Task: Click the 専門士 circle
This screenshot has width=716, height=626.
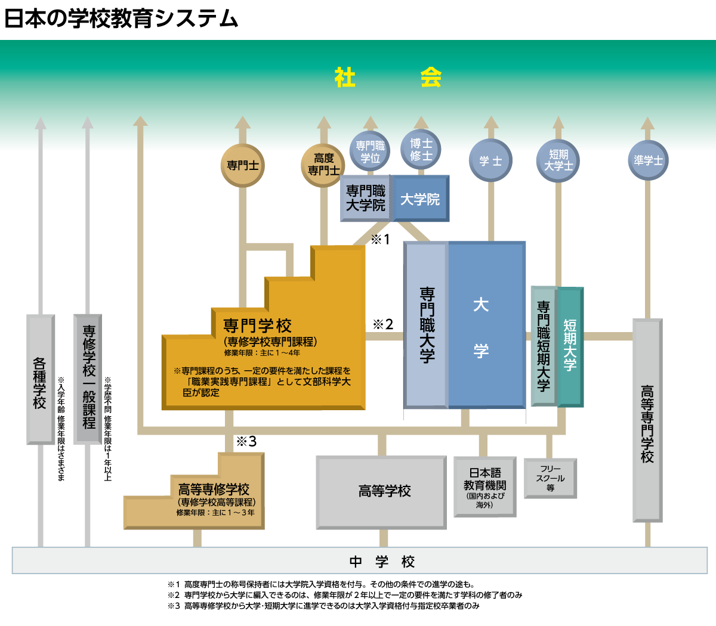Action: (242, 165)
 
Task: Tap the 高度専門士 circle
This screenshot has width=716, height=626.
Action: (323, 165)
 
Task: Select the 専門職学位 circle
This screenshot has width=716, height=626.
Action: (370, 151)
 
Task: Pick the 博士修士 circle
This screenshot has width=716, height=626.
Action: (421, 150)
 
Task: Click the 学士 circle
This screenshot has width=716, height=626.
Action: (490, 160)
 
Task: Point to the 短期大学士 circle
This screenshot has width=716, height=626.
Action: (558, 160)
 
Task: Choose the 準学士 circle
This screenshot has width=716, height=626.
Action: (648, 160)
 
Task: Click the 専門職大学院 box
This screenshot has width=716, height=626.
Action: (365, 199)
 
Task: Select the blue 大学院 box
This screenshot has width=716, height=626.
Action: (420, 199)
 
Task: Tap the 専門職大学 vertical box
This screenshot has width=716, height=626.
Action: (427, 325)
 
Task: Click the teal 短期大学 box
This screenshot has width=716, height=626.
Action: (570, 346)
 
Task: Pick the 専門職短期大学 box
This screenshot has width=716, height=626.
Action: (543, 346)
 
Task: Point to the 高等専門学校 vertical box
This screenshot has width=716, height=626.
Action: (647, 420)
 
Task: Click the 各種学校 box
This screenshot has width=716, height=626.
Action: (40, 379)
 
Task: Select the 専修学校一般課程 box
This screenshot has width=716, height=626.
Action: (88, 379)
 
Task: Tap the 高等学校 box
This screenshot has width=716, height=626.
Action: (381, 492)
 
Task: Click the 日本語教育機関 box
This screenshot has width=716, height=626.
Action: (484, 486)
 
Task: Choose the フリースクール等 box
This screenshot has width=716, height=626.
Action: (550, 478)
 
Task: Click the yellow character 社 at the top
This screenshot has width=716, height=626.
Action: (345, 78)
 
